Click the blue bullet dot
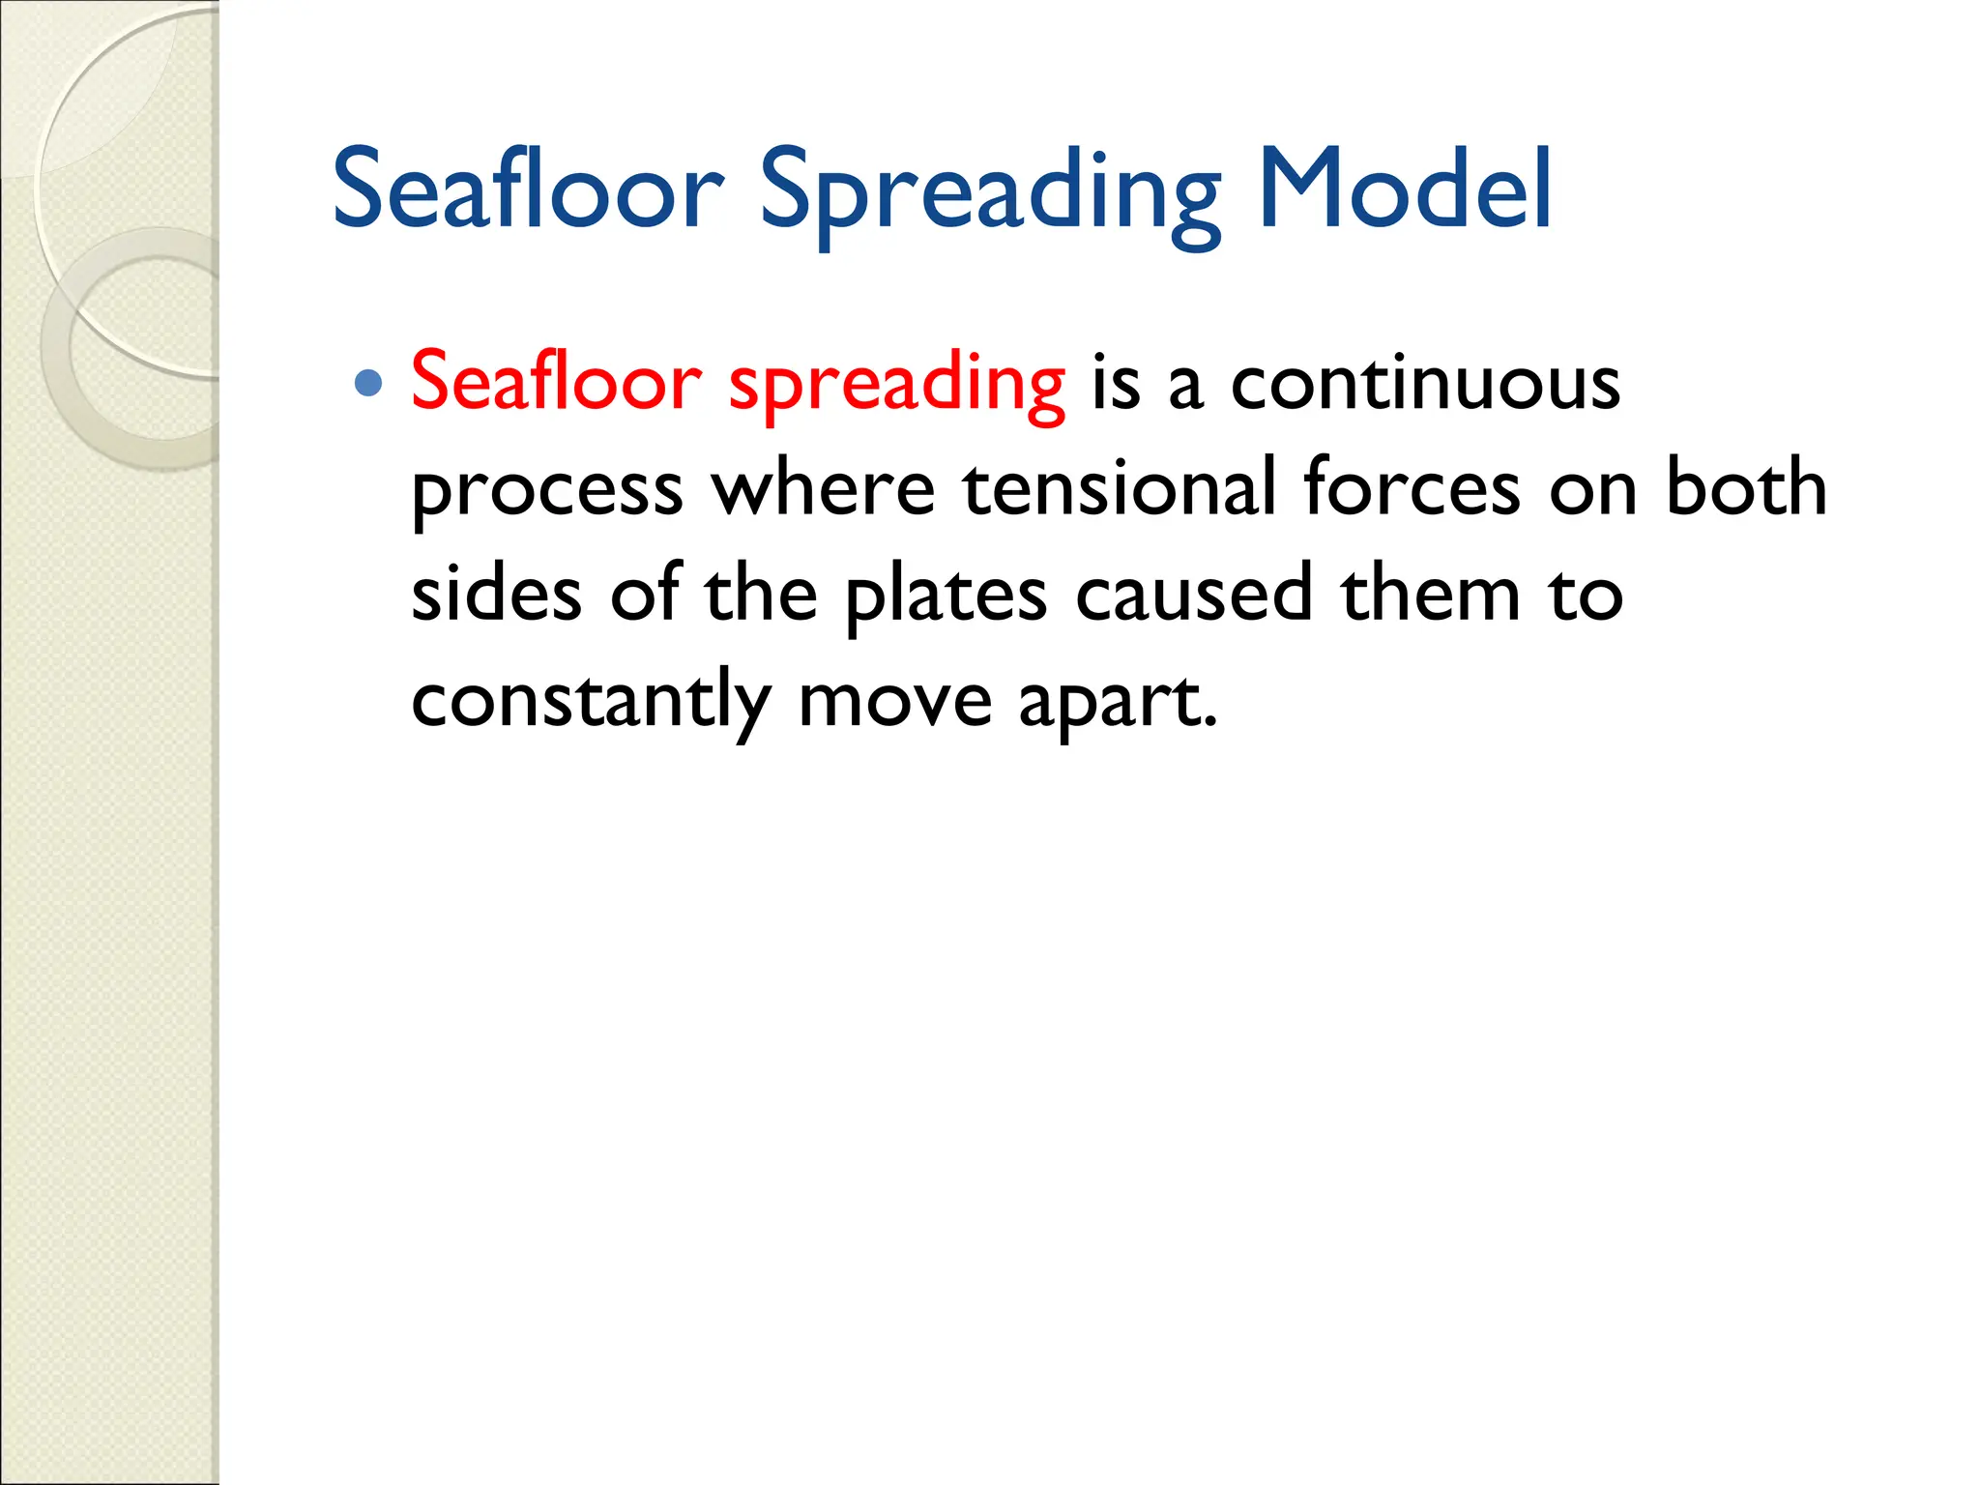[x=368, y=384]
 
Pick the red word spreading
[x=896, y=386]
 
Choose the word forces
[x=1412, y=487]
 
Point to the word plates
[x=946, y=596]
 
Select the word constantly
[x=591, y=701]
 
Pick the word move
[x=895, y=701]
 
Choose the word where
[x=824, y=487]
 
